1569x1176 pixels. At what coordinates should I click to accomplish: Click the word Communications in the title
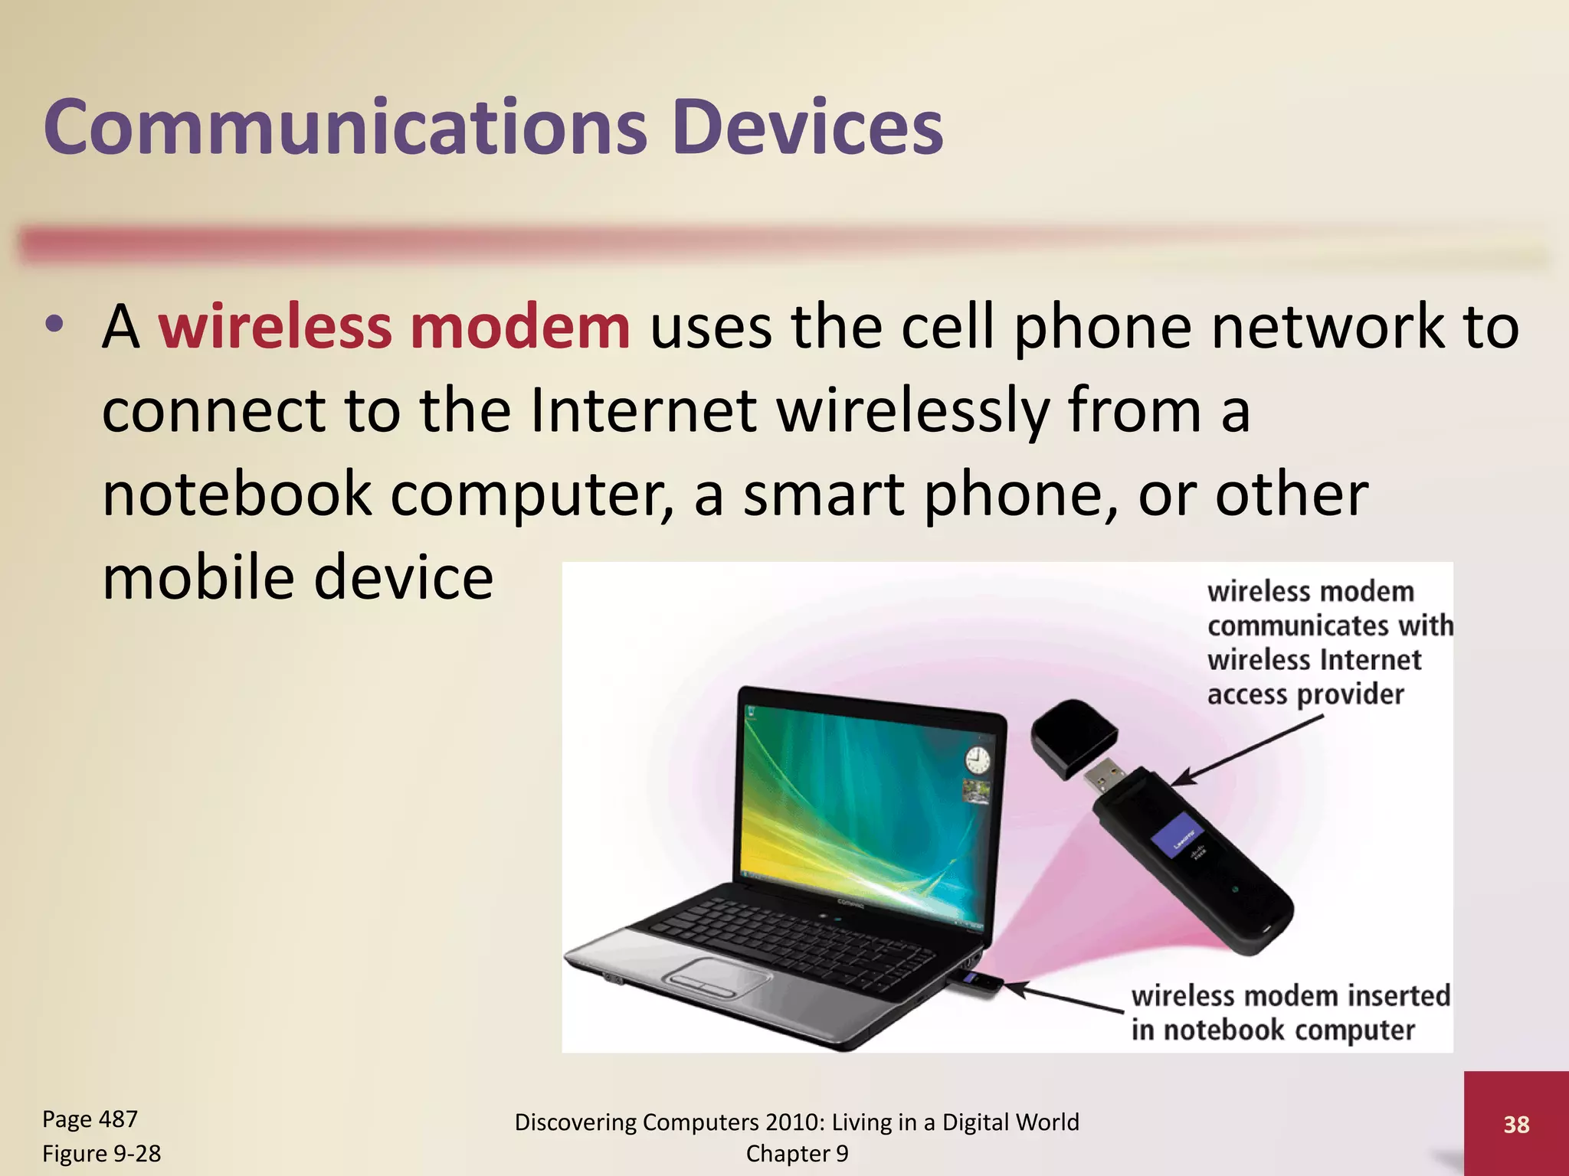(345, 127)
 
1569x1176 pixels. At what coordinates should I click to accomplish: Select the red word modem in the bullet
(520, 328)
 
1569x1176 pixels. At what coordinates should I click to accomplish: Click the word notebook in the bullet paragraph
(237, 495)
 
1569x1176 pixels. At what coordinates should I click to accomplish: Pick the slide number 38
(1516, 1124)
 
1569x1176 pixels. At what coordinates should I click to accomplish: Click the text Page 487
(90, 1119)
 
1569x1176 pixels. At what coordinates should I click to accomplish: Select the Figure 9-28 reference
(101, 1153)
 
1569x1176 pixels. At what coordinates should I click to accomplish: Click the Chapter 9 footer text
(797, 1154)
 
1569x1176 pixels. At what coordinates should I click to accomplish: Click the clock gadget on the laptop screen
(977, 760)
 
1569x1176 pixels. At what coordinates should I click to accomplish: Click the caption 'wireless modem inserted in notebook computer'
(1291, 1013)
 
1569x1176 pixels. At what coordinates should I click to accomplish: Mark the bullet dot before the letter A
(54, 325)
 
